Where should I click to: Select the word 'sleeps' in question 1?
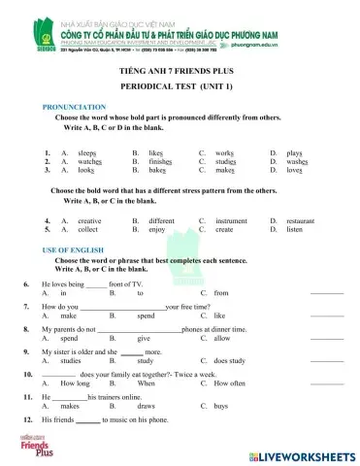click(x=87, y=152)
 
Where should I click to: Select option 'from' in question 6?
click(x=221, y=292)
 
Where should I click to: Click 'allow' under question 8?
click(x=223, y=338)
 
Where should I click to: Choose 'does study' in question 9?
click(x=232, y=361)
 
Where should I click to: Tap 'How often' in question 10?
click(x=229, y=384)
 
